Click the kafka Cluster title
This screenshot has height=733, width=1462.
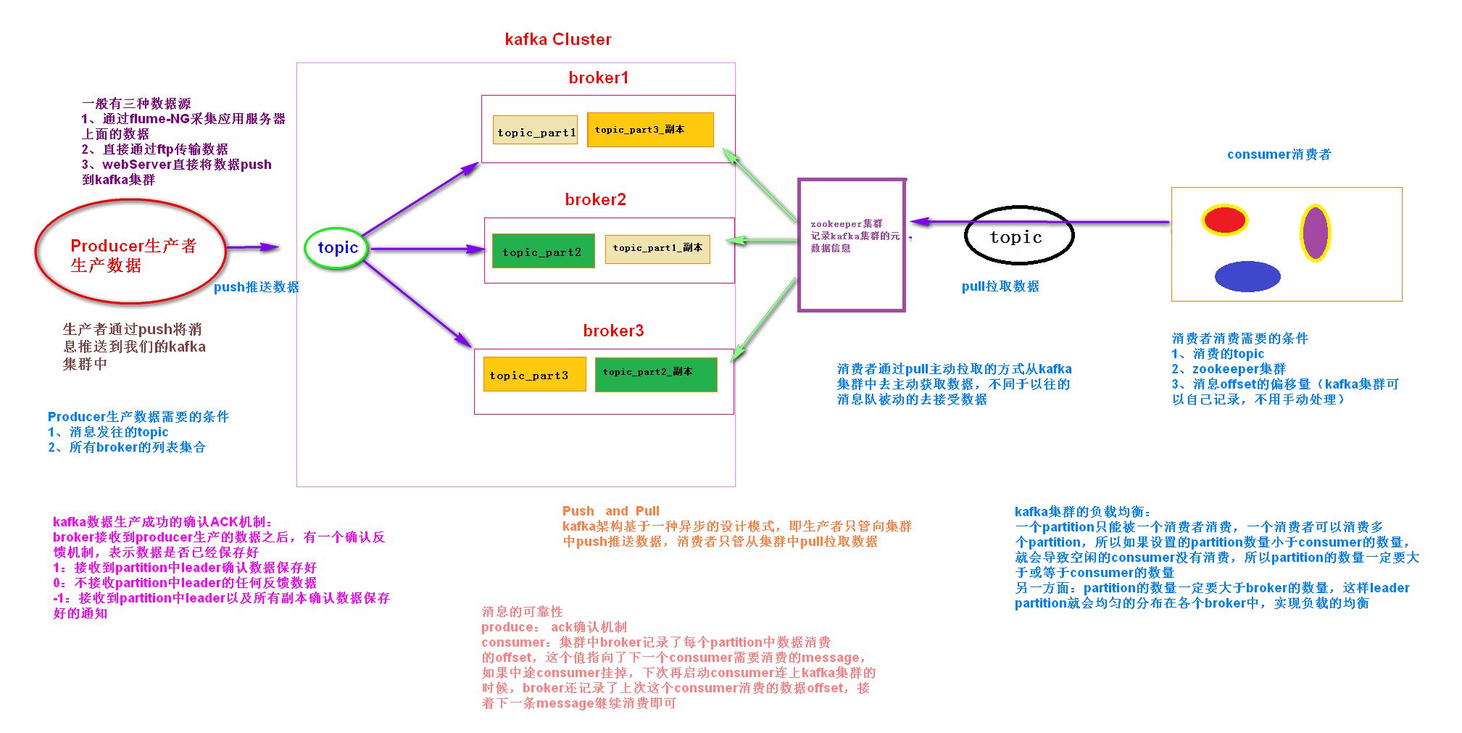coord(557,39)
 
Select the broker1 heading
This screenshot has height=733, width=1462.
coord(598,78)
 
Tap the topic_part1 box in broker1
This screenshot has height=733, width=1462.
coord(536,131)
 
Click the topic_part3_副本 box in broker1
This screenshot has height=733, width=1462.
coord(649,130)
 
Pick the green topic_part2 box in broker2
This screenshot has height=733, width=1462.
coord(543,251)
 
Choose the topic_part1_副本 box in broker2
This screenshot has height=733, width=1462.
coord(657,249)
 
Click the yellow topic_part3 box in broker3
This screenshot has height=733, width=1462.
coord(534,374)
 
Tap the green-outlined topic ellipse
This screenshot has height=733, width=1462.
coord(337,248)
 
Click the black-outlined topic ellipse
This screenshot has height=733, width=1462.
coord(1018,236)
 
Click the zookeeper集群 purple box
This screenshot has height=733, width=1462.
coord(852,245)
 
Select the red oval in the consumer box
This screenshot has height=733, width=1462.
coord(1224,220)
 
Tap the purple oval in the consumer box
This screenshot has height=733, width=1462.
coord(1314,233)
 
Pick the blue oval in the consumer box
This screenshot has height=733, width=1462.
coord(1247,276)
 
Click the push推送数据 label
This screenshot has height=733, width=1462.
coord(256,287)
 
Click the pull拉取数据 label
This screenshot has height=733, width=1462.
coord(1000,286)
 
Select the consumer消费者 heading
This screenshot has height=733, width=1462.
coord(1279,154)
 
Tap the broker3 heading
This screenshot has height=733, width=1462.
coord(612,331)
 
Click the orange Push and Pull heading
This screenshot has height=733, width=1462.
coord(610,510)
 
